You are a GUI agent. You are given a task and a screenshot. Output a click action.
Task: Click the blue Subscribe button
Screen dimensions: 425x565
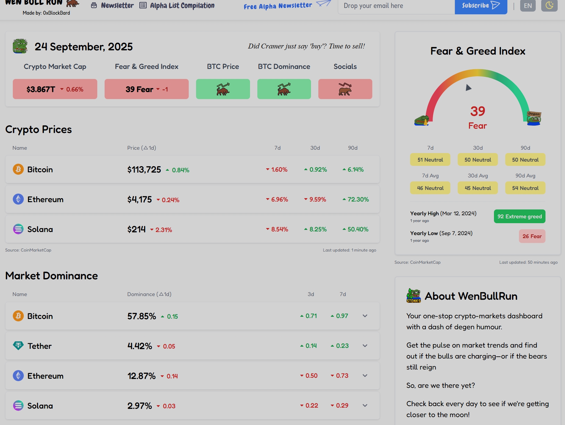click(481, 6)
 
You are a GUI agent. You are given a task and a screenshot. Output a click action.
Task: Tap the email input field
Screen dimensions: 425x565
click(396, 6)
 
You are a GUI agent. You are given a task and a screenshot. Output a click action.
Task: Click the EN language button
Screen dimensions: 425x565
click(528, 6)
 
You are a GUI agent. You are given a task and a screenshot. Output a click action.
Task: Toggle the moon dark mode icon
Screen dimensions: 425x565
click(549, 5)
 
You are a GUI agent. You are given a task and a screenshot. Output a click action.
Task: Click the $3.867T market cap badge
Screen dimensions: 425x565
click(55, 89)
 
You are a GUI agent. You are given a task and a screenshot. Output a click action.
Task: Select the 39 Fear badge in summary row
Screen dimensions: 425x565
click(146, 89)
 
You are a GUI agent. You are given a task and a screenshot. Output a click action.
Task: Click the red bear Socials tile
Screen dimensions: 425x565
click(345, 89)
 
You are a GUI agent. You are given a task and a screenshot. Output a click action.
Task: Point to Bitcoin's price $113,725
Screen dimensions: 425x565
click(144, 170)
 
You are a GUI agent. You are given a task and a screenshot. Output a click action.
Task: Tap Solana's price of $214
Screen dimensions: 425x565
click(136, 229)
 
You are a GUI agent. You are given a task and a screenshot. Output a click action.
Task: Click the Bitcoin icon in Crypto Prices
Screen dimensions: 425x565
click(18, 169)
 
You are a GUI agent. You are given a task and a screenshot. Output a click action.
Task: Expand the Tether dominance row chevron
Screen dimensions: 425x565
click(365, 346)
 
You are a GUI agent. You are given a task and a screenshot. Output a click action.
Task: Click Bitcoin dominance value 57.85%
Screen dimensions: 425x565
click(141, 316)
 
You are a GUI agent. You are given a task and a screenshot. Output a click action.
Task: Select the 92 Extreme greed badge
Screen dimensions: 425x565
click(519, 216)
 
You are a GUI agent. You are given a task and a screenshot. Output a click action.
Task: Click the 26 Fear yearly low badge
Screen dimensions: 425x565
click(532, 236)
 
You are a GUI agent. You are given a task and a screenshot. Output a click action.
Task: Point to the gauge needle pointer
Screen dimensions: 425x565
click(468, 88)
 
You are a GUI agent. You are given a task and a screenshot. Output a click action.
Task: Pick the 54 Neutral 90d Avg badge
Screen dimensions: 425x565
click(525, 188)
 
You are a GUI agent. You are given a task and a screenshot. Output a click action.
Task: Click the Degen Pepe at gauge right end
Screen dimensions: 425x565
click(534, 118)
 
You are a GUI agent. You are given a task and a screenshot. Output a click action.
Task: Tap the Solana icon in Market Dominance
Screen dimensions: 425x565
click(18, 405)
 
